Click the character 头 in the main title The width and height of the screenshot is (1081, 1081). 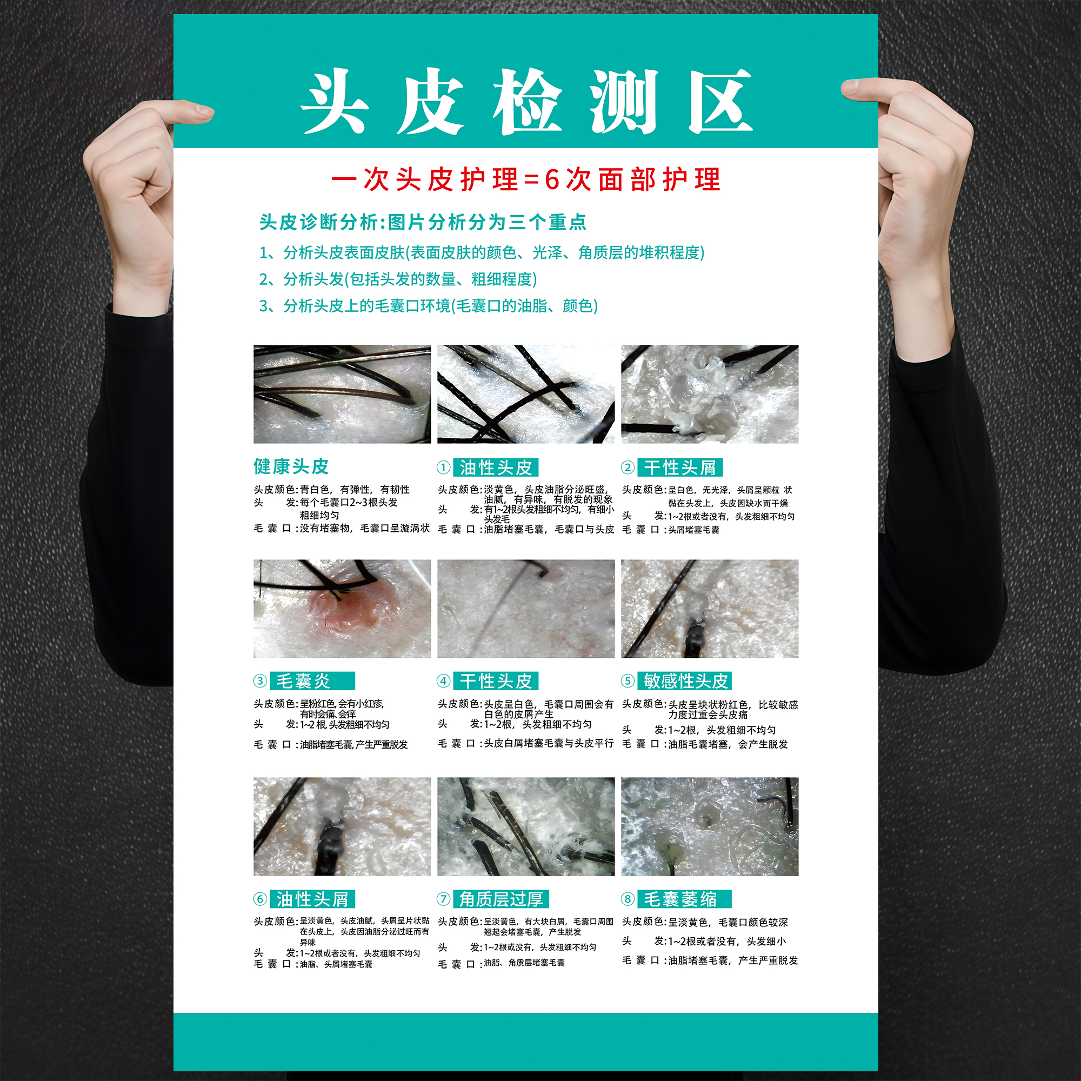click(335, 102)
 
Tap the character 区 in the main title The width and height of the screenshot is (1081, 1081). click(719, 102)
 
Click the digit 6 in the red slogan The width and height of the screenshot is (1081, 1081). click(552, 179)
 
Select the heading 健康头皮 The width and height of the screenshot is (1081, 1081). click(291, 466)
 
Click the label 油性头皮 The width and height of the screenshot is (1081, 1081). click(496, 467)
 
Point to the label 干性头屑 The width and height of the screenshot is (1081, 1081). click(680, 467)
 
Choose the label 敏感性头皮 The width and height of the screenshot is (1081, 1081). click(685, 681)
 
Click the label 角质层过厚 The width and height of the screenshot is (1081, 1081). click(501, 899)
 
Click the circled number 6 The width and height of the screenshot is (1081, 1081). click(260, 899)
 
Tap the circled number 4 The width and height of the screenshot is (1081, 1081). click(444, 681)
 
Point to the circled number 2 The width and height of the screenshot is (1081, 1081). click(628, 467)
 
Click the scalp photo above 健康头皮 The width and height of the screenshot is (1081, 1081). click(342, 394)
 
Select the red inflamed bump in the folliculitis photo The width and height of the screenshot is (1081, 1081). click(352, 613)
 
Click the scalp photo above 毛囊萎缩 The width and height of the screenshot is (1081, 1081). click(710, 826)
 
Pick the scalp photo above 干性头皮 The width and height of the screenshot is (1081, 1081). click(525, 609)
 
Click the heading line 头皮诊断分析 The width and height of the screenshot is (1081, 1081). click(423, 222)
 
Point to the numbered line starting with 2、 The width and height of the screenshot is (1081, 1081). click(398, 279)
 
